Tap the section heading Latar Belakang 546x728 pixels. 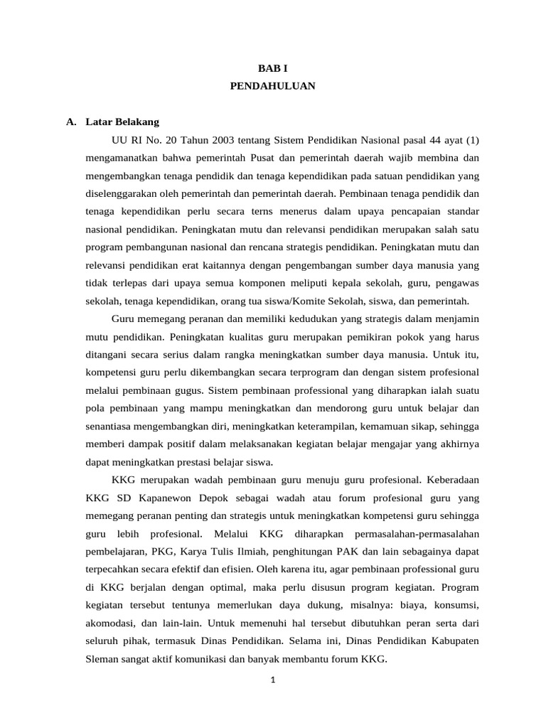coord(122,122)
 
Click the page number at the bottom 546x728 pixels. coord(272,680)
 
